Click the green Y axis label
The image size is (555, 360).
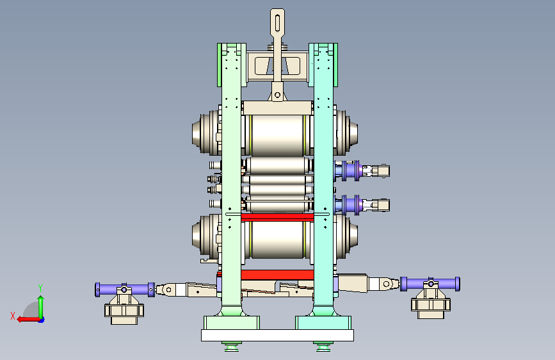40,288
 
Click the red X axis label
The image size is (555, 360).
13,316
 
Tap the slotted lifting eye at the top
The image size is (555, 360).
278,22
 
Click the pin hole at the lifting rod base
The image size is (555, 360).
278,95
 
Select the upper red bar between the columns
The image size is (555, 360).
277,217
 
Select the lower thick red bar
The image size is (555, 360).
277,275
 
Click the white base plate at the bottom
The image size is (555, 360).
277,335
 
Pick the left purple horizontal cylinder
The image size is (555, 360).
125,290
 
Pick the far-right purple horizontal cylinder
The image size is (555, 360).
430,284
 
